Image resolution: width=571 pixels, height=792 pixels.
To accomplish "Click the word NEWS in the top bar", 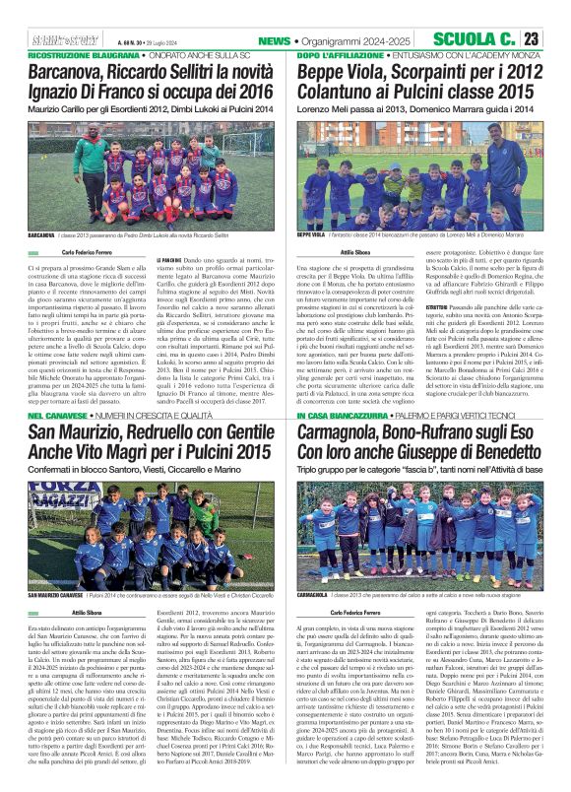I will click(x=273, y=39).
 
